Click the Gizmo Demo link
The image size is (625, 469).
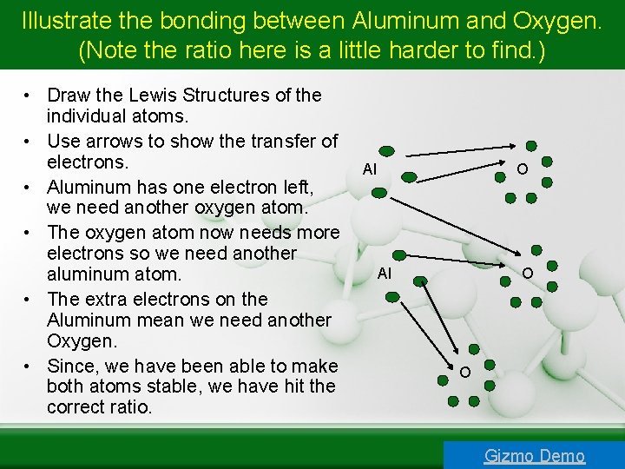tap(534, 455)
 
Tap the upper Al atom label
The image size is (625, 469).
tap(370, 169)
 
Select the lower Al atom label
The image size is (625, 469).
tap(385, 274)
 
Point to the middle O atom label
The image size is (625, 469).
tap(527, 274)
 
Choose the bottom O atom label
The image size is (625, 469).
tap(465, 373)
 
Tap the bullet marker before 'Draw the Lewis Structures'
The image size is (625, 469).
tap(29, 96)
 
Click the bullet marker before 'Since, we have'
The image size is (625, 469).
tap(29, 367)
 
